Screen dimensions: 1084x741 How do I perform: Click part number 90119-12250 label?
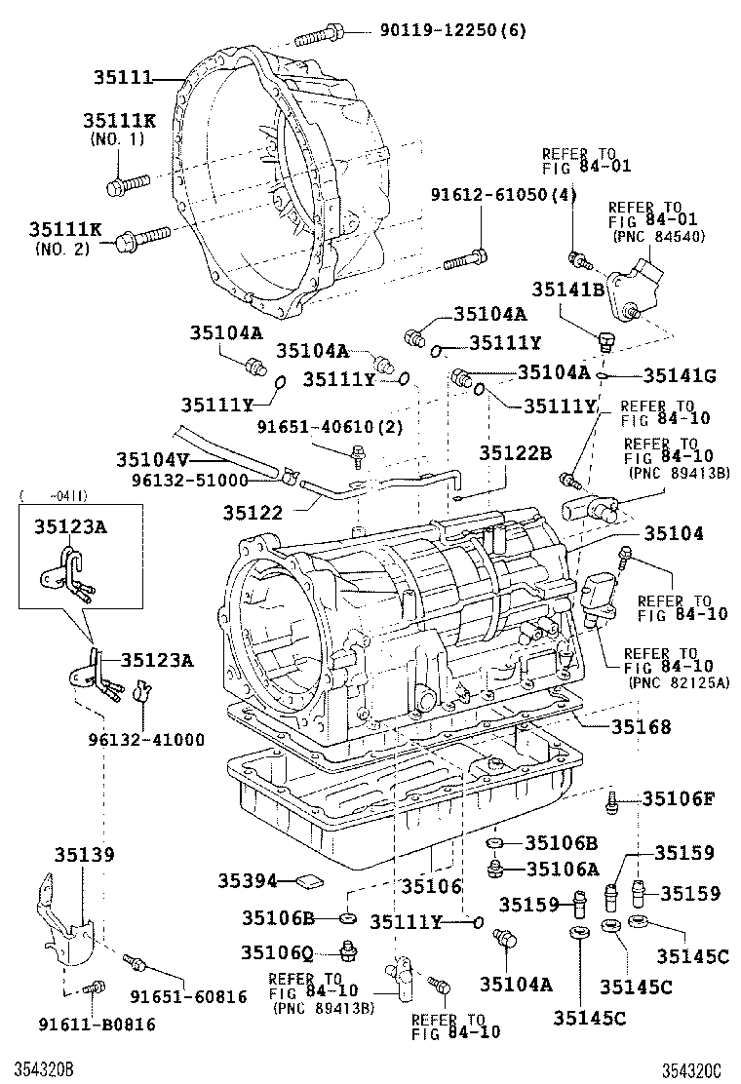coord(452,30)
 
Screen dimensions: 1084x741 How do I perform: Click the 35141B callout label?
coord(568,289)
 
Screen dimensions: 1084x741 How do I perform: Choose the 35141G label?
coord(678,375)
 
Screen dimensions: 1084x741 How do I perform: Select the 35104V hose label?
coord(150,458)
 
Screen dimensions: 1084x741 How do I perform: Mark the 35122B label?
coord(515,452)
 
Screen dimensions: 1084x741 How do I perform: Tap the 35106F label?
coord(679,799)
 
